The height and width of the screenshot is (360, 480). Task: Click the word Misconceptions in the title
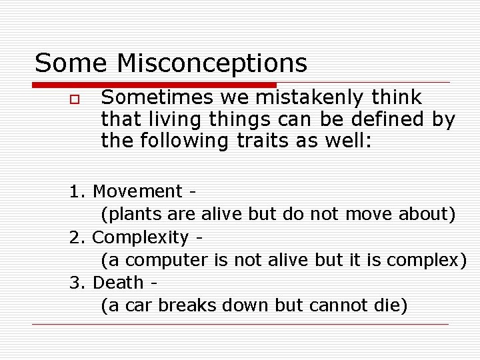212,63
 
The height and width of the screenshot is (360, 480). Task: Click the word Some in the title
71,63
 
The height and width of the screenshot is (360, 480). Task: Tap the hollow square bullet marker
74,99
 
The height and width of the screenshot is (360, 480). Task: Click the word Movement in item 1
138,191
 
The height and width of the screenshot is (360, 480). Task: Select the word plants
129,214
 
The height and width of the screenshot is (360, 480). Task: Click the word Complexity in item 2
141,237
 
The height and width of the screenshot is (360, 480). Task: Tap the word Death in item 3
118,283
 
